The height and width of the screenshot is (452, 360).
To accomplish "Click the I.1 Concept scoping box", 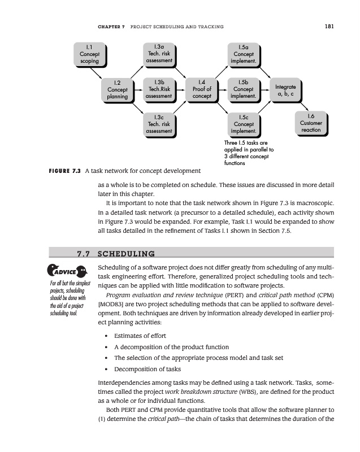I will click(89, 54).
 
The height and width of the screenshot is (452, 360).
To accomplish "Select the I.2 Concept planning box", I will click(117, 90).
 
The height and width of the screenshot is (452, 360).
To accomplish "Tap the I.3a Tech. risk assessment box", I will click(158, 54).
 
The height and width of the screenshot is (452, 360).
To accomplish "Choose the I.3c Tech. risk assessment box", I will click(158, 124).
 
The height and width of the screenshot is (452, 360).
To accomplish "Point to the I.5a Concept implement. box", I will click(244, 54).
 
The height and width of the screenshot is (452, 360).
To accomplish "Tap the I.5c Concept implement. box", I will click(244, 124).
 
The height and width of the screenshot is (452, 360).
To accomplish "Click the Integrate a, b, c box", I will click(285, 90).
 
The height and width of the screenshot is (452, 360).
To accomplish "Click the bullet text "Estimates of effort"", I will click(140, 336).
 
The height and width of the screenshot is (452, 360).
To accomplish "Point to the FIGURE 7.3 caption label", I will click(62, 170).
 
